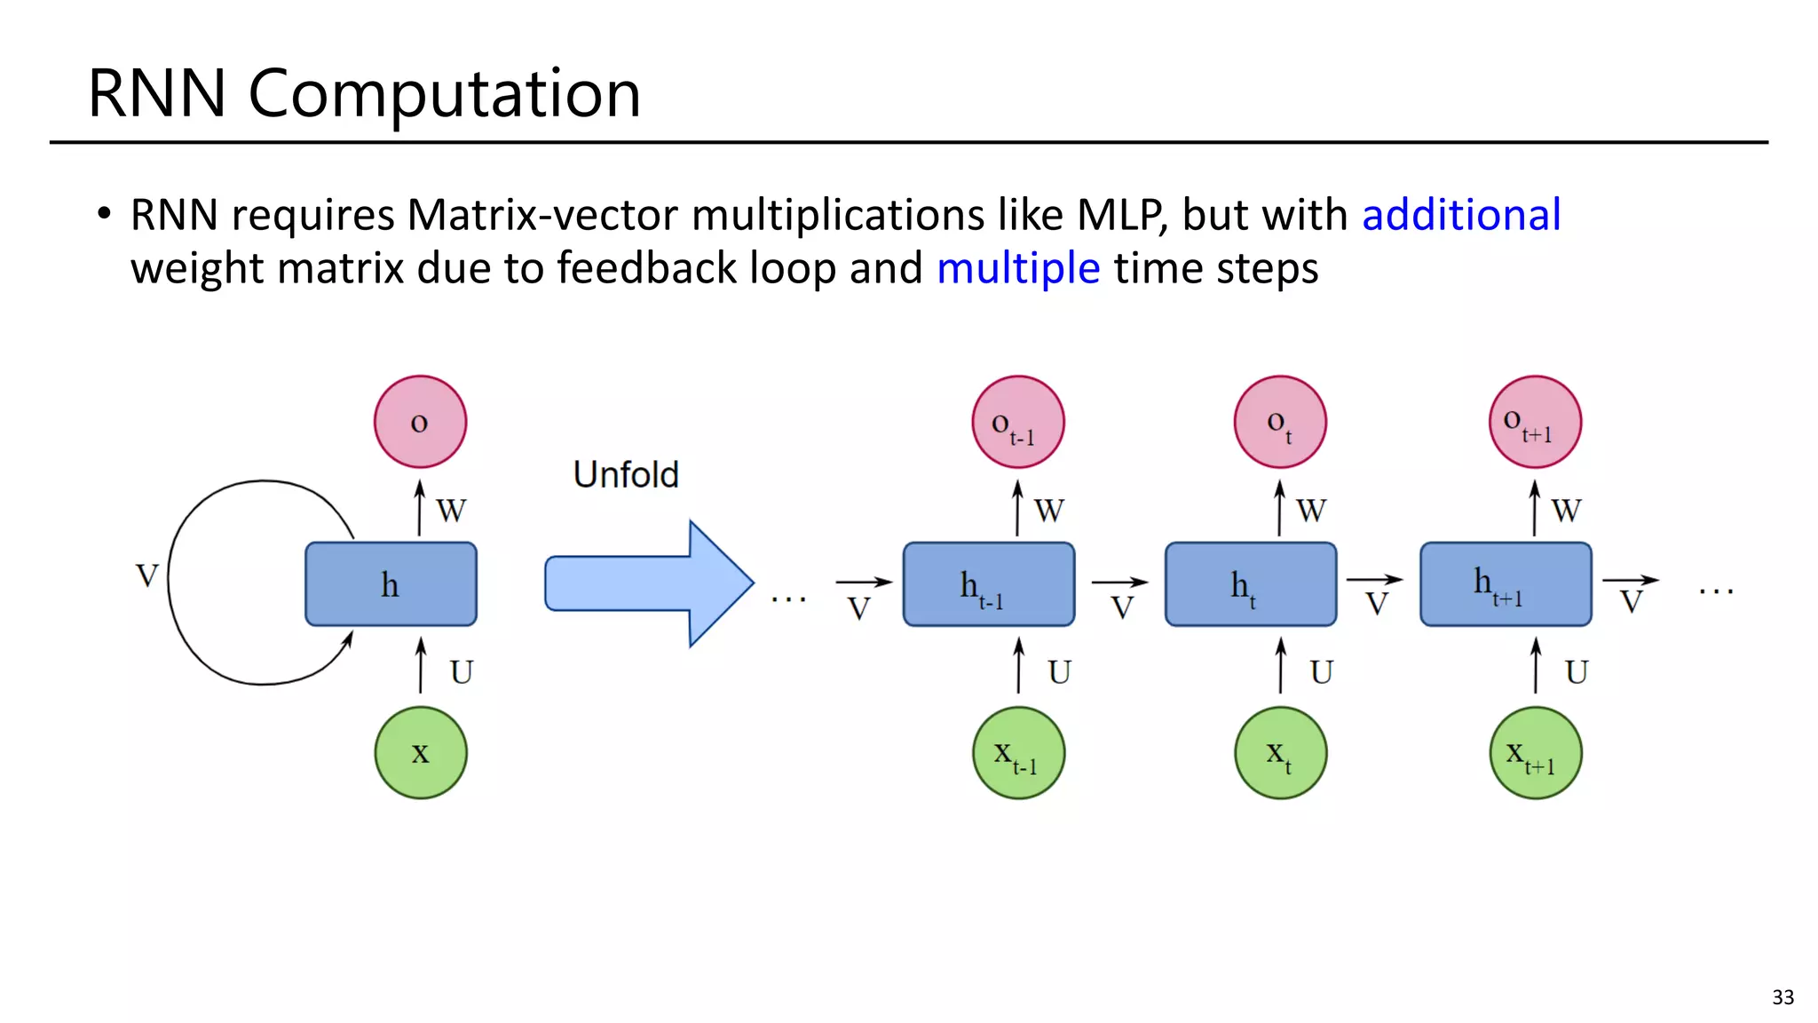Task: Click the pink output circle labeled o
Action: tap(420, 422)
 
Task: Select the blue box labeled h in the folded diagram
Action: tap(391, 584)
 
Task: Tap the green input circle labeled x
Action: tap(420, 752)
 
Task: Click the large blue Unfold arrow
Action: tap(648, 583)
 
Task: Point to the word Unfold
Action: tap(626, 474)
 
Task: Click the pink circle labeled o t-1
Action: tap(1017, 422)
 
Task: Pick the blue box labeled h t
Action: tap(1250, 584)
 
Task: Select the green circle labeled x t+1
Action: tap(1535, 752)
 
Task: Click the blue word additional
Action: tap(1461, 215)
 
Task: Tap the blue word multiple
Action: tap(1018, 268)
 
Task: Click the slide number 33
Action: tap(1782, 997)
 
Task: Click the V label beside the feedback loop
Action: tap(147, 575)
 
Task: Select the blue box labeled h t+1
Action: tap(1506, 584)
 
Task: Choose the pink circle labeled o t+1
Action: tap(1535, 422)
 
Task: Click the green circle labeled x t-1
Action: tap(1018, 752)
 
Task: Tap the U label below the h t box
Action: tap(1321, 672)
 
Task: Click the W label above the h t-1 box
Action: tap(1048, 511)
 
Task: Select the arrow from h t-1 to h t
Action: tap(1119, 583)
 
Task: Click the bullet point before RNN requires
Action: tap(105, 214)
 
